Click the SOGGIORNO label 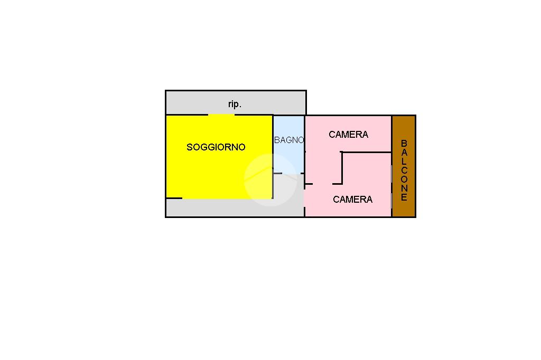[x=216, y=147]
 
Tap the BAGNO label [x=289, y=140]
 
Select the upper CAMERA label [x=348, y=135]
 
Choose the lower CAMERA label [x=352, y=200]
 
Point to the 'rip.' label [x=235, y=105]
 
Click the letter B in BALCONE [x=404, y=143]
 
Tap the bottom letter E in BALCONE [x=404, y=198]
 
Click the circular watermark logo [x=270, y=179]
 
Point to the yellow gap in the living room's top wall [x=221, y=115]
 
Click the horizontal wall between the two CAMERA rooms [x=367, y=152]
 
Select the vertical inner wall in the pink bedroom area [x=342, y=168]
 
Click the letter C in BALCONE [x=404, y=170]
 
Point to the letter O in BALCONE [x=404, y=179]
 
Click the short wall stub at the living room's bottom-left [x=174, y=198]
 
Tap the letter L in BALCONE [x=404, y=162]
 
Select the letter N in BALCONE [x=404, y=189]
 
